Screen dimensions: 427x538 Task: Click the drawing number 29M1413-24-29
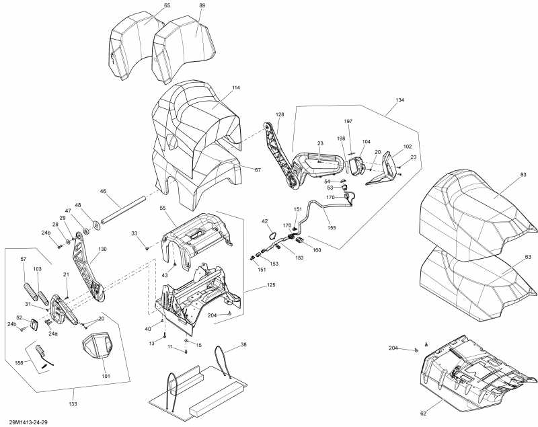coord(28,421)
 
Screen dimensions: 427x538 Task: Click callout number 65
coord(148,5)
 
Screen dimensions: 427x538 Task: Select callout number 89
coord(202,5)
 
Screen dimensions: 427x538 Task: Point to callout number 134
coord(400,100)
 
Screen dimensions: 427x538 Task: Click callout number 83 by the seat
coord(523,175)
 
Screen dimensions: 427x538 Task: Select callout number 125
coord(252,286)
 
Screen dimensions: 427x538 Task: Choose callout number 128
coord(280,115)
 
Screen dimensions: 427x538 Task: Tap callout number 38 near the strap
coord(243,344)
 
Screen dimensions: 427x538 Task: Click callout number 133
coord(73,403)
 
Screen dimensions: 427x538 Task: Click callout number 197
coord(348,122)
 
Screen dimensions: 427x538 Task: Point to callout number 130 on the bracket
coord(102,249)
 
